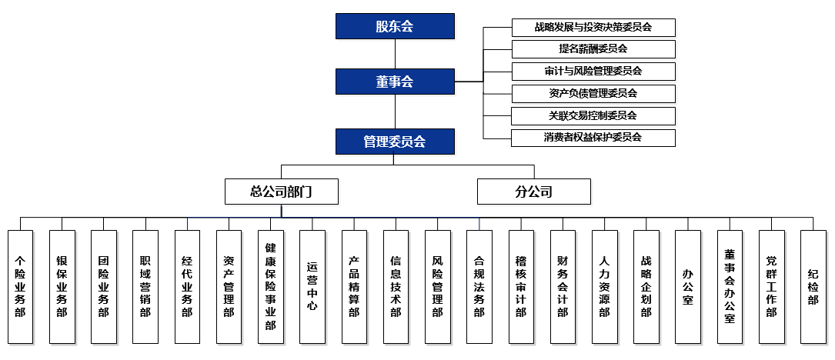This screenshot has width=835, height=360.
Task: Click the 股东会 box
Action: pos(395,26)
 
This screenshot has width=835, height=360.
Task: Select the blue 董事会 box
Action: pos(395,82)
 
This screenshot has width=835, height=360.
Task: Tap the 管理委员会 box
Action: pos(395,142)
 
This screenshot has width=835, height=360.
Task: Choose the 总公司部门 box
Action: pos(281,192)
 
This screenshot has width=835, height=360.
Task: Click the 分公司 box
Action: pos(533,192)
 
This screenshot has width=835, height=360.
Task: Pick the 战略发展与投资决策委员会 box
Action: pos(593,27)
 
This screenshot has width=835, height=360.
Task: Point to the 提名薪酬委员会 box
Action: pos(593,49)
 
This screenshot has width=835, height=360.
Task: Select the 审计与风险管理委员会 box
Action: pos(593,72)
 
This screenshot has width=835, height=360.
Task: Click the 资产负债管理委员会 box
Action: pos(593,94)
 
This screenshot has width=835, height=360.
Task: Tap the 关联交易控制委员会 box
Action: pos(593,116)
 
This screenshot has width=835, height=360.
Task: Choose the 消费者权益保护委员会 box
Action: pos(593,138)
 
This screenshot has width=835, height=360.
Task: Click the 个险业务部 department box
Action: pos(20,286)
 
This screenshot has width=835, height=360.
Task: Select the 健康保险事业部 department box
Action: pos(270,286)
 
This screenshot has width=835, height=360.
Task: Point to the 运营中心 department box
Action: pos(312,286)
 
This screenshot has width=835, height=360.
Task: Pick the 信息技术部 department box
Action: pos(396,286)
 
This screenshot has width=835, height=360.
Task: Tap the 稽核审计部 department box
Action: pos(520,286)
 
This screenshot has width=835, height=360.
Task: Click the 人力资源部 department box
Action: pos(604,286)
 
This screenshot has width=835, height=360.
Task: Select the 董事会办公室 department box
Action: pos(730,286)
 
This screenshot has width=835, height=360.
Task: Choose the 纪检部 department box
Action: pos(813,286)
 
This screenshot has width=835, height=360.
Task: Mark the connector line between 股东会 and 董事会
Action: pos(395,54)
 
